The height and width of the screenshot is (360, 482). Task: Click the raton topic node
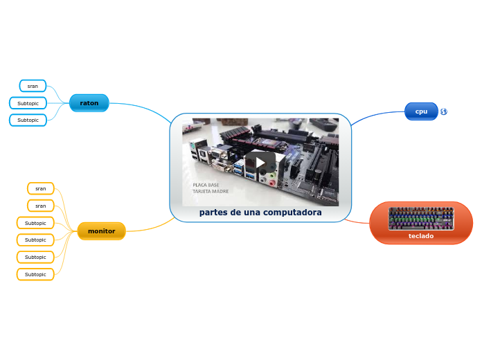pos(89,103)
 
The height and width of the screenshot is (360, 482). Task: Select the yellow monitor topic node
pos(101,231)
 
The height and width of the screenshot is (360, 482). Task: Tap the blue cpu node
pos(421,111)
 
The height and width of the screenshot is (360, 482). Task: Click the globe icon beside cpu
pos(443,111)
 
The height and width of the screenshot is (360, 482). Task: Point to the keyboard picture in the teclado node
pos(421,219)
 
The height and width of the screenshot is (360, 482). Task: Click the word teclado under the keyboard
pos(421,236)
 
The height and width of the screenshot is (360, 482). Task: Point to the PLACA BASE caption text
pos(206,185)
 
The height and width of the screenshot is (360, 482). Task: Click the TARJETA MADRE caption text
pos(211,191)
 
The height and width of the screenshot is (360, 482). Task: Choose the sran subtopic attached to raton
pos(33,86)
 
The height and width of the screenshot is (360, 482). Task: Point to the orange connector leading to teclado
pos(357,222)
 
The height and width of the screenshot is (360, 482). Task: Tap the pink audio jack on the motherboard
pos(271,183)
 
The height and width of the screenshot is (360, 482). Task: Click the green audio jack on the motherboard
pos(272,176)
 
